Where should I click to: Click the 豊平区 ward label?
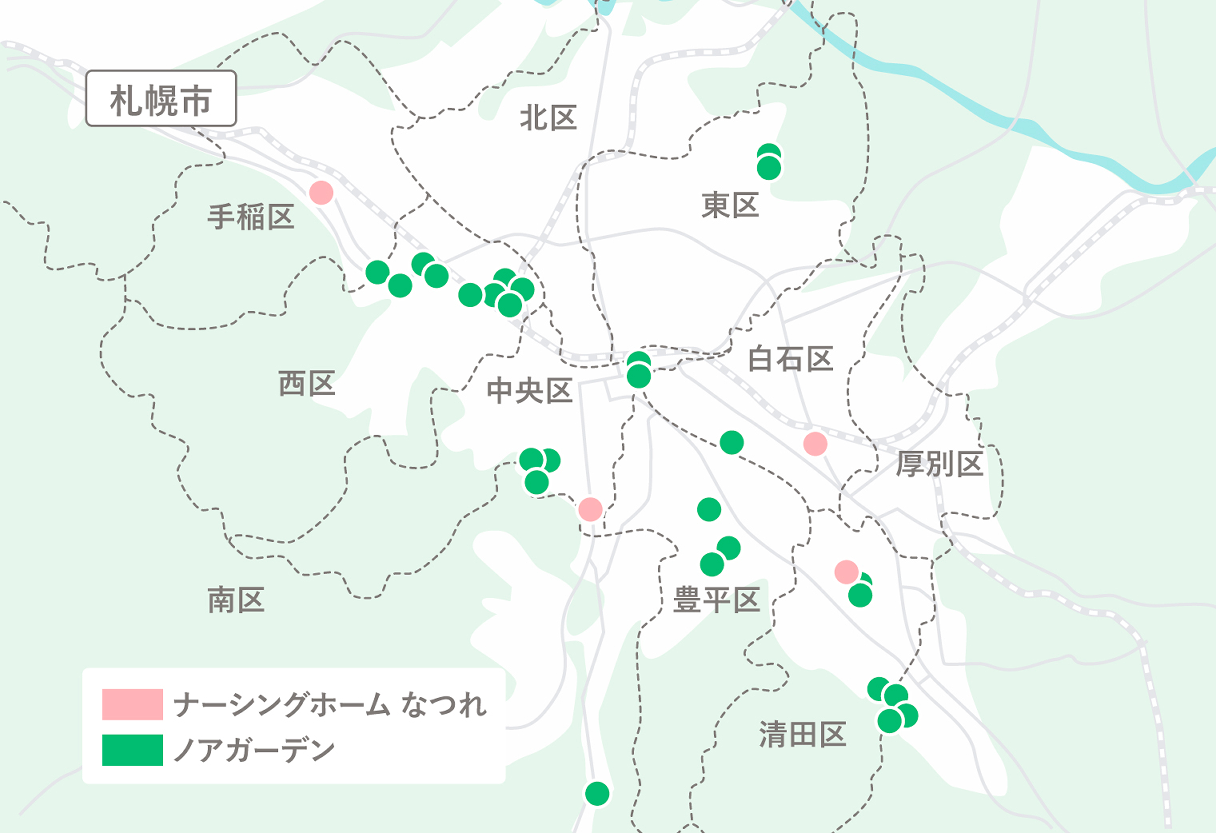[716, 600]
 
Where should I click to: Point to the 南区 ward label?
[236, 600]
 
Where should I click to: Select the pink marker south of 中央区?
[590, 509]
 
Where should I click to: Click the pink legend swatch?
[132, 704]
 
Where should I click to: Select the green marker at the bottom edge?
[597, 794]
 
